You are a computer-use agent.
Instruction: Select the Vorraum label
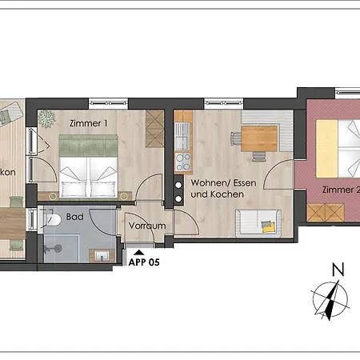[x=147, y=226]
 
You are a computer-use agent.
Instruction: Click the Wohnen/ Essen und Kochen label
[x=218, y=189]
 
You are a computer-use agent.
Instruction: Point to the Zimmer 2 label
[x=341, y=190]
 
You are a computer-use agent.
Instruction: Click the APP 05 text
[x=144, y=261]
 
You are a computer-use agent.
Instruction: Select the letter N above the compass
[x=337, y=270]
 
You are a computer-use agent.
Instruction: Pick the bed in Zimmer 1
[x=88, y=166]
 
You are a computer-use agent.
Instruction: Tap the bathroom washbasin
[x=102, y=255]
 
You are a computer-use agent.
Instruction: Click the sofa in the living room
[x=258, y=222]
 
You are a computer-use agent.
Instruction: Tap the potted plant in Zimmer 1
[x=46, y=117]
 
